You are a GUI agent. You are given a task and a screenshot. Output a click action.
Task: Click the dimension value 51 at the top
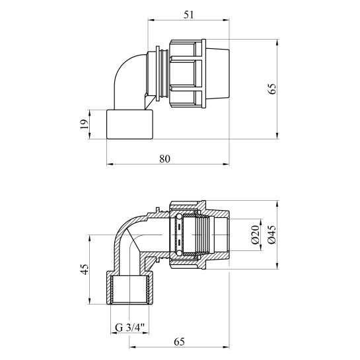click(189, 15)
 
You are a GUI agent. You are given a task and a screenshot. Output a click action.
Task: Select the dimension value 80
click(165, 159)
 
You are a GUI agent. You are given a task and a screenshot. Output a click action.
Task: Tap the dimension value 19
click(85, 124)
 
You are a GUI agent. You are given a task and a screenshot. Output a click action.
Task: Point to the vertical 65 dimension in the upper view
click(272, 89)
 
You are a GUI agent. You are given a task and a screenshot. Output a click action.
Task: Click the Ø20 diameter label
click(255, 234)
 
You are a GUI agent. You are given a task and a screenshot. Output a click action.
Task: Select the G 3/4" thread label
click(129, 328)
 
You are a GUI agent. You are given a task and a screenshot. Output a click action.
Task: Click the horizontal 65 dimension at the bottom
click(179, 342)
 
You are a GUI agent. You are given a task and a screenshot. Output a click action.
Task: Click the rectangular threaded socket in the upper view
click(129, 124)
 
